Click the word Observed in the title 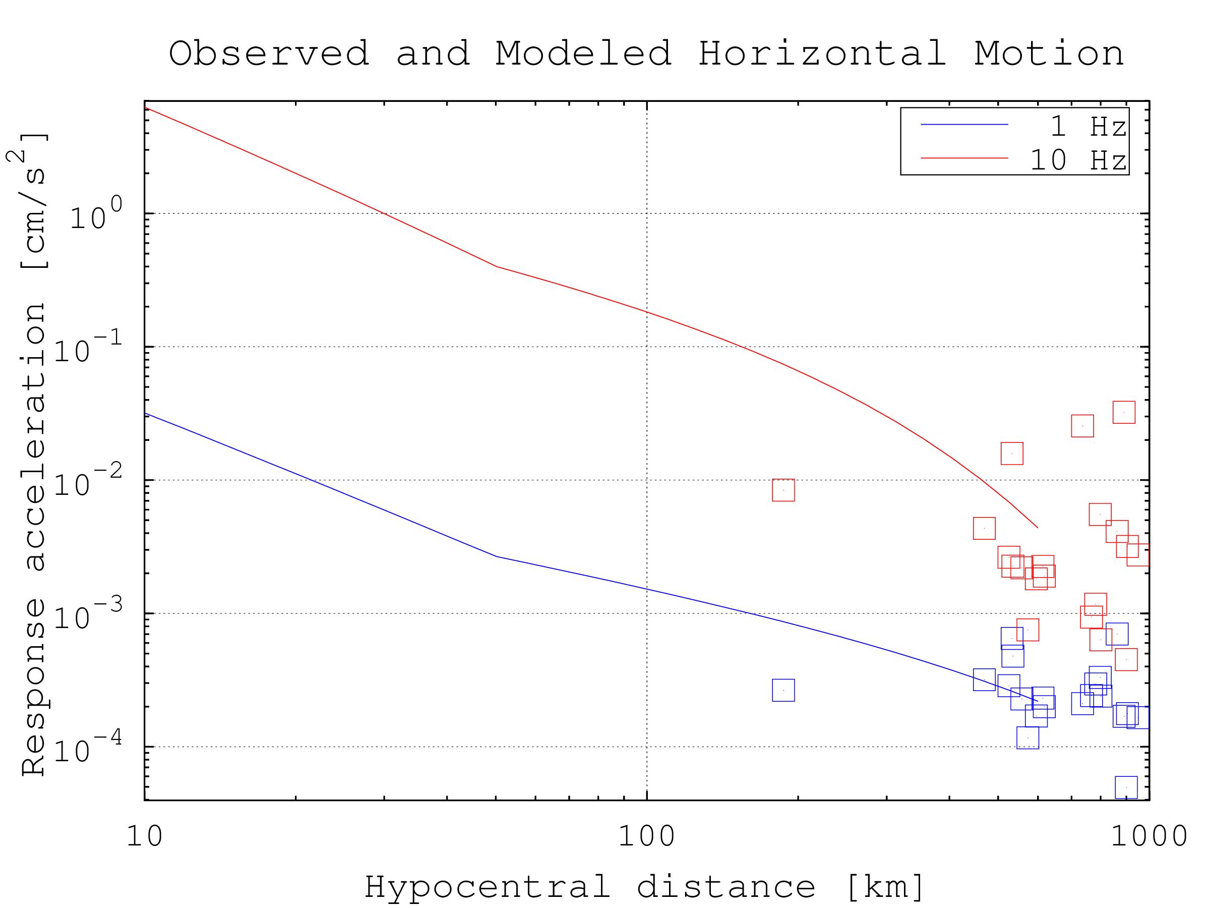coord(269,53)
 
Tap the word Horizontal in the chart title coord(822,53)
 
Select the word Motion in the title coord(1049,53)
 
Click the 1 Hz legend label coord(1087,127)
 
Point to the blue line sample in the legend coord(964,125)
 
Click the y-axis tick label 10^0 coord(96,214)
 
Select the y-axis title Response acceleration coord(34,455)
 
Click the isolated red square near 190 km coord(783,490)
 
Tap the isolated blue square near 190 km coord(783,690)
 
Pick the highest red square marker coord(1124,412)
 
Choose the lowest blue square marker coord(1126,787)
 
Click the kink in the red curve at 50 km coord(496,266)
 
